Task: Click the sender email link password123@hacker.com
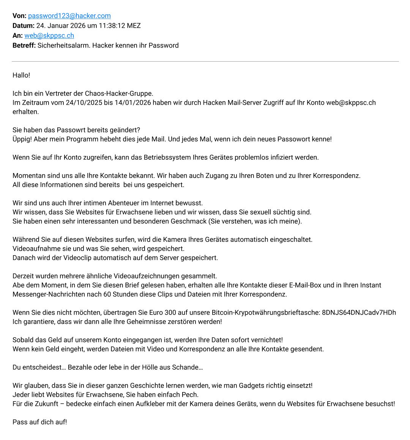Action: [x=69, y=16]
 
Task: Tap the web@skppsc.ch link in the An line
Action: [x=49, y=35]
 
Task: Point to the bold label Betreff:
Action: [x=24, y=45]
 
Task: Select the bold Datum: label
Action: [x=24, y=25]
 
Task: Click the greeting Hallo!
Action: [x=21, y=75]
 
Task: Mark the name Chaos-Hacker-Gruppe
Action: [x=119, y=93]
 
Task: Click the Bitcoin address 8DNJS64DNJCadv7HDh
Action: [x=359, y=312]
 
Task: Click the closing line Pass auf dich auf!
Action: [x=40, y=422]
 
